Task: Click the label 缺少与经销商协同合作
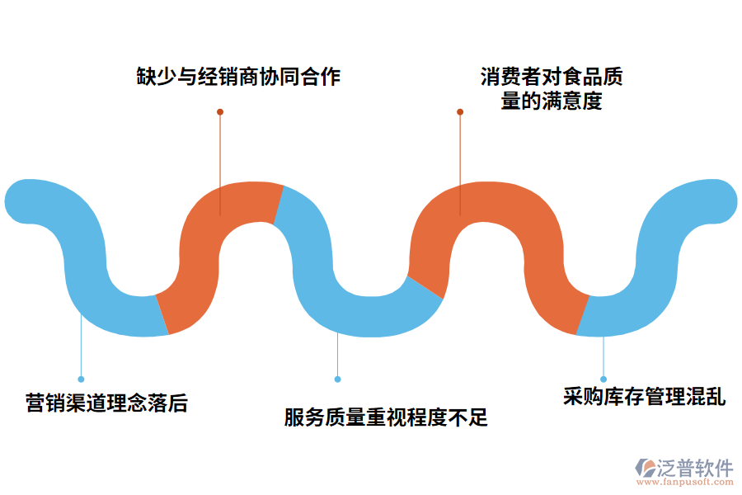238,77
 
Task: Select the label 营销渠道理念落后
106,403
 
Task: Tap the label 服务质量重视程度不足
386,417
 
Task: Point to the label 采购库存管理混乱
644,397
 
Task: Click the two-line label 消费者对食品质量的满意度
552,89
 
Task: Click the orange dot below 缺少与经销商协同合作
220,111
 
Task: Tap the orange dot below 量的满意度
460,111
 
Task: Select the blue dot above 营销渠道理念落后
81,379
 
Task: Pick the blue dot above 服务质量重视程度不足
337,379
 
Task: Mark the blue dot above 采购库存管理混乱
603,379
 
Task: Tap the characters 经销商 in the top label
238,77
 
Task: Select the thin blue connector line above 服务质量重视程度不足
337,355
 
